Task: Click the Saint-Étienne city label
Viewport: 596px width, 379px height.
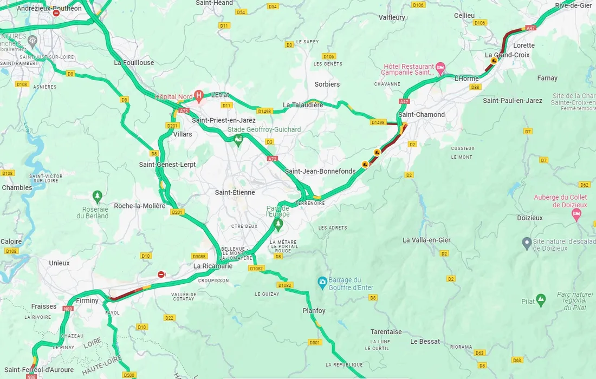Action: coord(235,192)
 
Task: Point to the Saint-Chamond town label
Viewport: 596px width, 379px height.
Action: coord(421,115)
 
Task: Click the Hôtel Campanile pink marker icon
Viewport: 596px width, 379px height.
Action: coord(440,68)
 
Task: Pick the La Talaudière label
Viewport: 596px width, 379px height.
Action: coord(303,105)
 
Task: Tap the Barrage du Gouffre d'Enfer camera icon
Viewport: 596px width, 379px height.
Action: coord(322,282)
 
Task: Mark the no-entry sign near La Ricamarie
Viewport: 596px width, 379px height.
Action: coord(161,275)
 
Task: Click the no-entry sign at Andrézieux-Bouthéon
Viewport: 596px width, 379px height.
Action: coord(56,12)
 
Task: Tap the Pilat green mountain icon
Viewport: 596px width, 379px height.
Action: coord(541,299)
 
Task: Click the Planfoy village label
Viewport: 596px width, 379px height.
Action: coord(314,311)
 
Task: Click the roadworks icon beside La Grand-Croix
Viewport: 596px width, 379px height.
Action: coord(494,61)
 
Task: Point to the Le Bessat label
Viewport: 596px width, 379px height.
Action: coord(425,342)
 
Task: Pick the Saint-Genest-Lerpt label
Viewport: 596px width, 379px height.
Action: coord(167,164)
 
